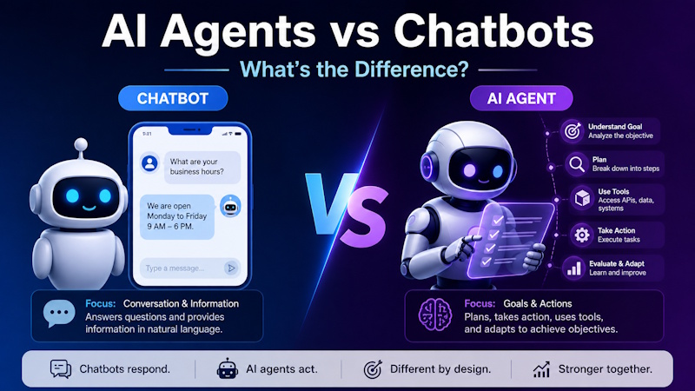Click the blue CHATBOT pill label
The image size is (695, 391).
(x=173, y=98)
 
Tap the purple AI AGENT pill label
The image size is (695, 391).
(x=521, y=98)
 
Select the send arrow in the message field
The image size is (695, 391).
(x=231, y=268)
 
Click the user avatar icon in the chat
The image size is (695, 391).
(x=149, y=163)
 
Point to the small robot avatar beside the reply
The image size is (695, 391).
(x=230, y=206)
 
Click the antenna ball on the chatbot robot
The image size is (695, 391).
(x=81, y=144)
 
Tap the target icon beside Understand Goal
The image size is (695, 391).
(x=573, y=131)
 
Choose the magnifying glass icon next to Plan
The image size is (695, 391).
(x=577, y=164)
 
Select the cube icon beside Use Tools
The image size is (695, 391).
(x=582, y=199)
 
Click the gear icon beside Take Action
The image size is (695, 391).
(x=582, y=235)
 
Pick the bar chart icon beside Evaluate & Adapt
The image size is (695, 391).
(x=574, y=268)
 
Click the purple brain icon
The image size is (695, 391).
(x=435, y=315)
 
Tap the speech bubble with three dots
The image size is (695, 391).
(x=59, y=313)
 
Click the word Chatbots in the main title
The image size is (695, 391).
(x=493, y=31)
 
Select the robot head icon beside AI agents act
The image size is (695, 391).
(x=228, y=368)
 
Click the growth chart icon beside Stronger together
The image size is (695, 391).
(x=541, y=368)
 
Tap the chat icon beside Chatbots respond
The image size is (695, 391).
(x=61, y=368)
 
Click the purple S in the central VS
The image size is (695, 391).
(x=364, y=216)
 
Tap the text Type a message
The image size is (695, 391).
(x=175, y=268)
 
